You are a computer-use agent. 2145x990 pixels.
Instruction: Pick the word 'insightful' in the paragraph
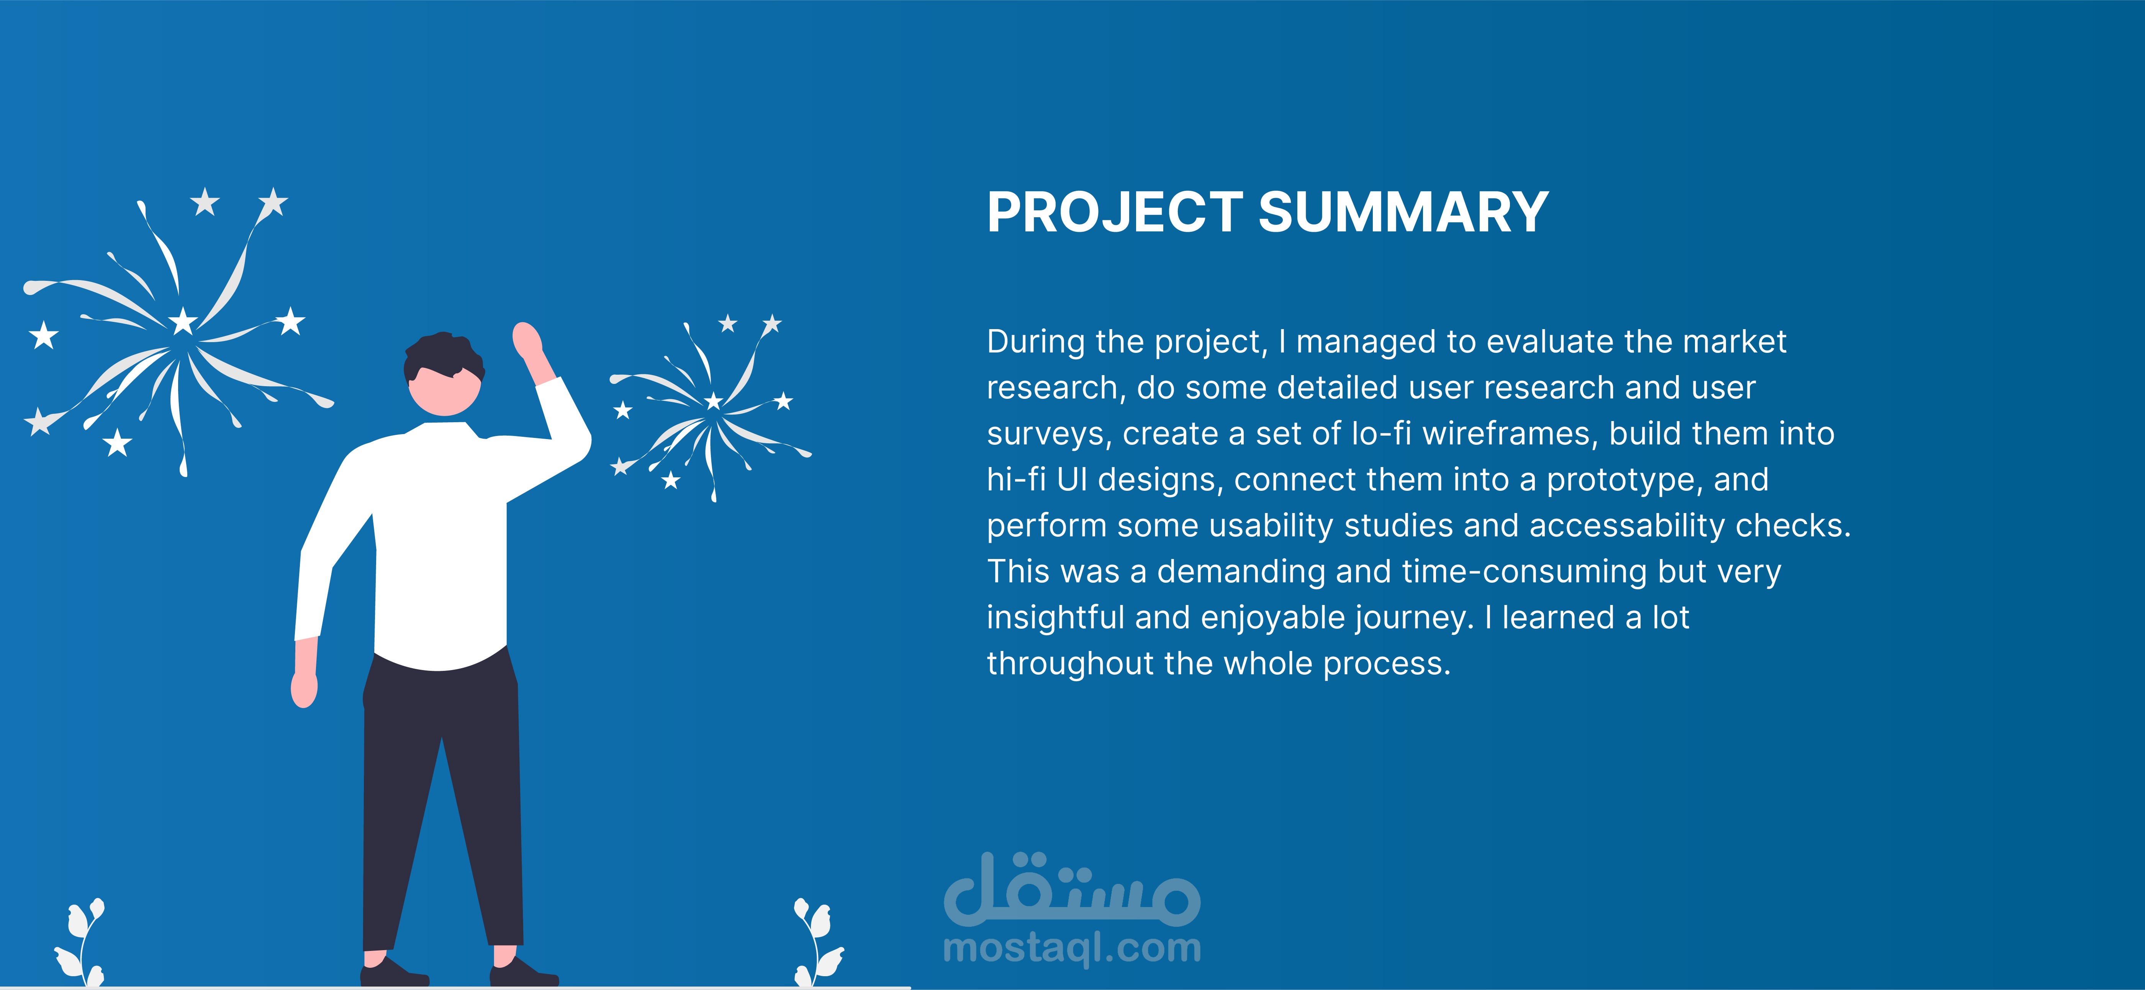pyautogui.click(x=1056, y=618)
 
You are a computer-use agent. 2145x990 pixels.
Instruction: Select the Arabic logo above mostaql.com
pyautogui.click(x=1072, y=889)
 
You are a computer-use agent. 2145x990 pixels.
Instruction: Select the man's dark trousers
pyautogui.click(x=441, y=799)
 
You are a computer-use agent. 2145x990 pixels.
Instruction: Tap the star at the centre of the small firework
pyautogui.click(x=714, y=402)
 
